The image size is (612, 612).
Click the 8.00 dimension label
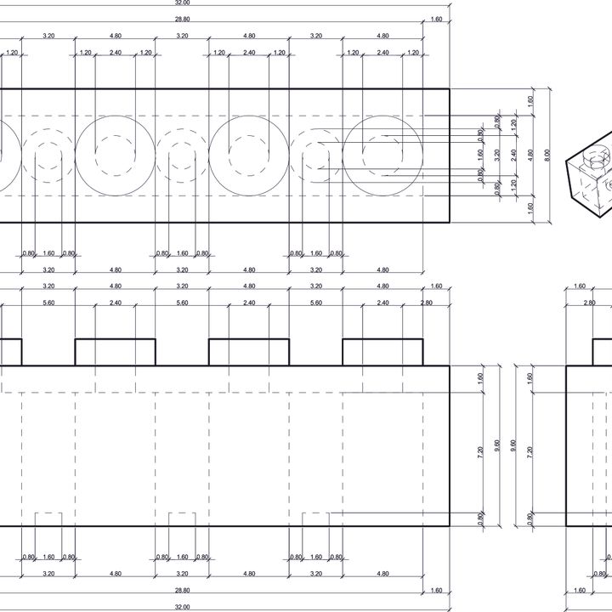[x=547, y=155]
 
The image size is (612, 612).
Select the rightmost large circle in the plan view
[x=382, y=156]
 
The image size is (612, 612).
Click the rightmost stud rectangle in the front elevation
[x=382, y=352]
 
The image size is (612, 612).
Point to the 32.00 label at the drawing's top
[x=182, y=3]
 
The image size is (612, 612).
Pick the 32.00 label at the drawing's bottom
[x=182, y=607]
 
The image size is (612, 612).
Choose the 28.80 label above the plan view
[x=182, y=19]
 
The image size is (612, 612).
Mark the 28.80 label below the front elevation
[x=182, y=590]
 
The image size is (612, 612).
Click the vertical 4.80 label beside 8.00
[x=530, y=155]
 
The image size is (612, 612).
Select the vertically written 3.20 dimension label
[x=497, y=155]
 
